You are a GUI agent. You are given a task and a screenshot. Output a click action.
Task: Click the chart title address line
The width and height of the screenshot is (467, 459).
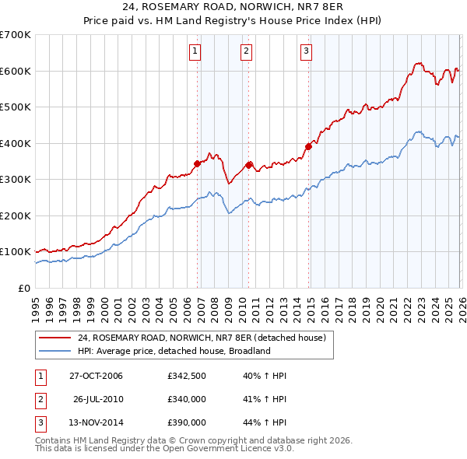(x=233, y=7)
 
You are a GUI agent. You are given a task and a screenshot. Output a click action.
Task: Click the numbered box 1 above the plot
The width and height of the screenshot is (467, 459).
(x=195, y=52)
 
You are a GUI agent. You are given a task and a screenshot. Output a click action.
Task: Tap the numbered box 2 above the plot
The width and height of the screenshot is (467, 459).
(x=246, y=52)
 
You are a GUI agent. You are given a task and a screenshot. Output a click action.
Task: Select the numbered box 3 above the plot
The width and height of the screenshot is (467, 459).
(x=306, y=52)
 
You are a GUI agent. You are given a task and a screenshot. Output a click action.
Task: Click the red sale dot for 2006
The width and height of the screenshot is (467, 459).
(x=198, y=163)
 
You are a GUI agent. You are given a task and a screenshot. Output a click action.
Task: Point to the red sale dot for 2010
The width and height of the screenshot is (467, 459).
(x=249, y=164)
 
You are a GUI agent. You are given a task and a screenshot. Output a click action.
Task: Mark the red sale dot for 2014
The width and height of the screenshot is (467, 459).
(x=309, y=145)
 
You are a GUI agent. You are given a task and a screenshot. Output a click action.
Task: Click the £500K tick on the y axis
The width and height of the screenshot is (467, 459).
(x=16, y=107)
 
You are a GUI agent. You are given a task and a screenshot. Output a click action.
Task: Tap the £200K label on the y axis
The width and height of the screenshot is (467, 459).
(x=16, y=215)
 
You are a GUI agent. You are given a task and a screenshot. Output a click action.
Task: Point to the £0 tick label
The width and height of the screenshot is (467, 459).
(x=23, y=288)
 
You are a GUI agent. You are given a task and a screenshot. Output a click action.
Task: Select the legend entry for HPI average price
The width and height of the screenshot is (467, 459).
(x=174, y=351)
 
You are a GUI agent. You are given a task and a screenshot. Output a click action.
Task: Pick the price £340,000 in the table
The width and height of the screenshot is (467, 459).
(x=187, y=399)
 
